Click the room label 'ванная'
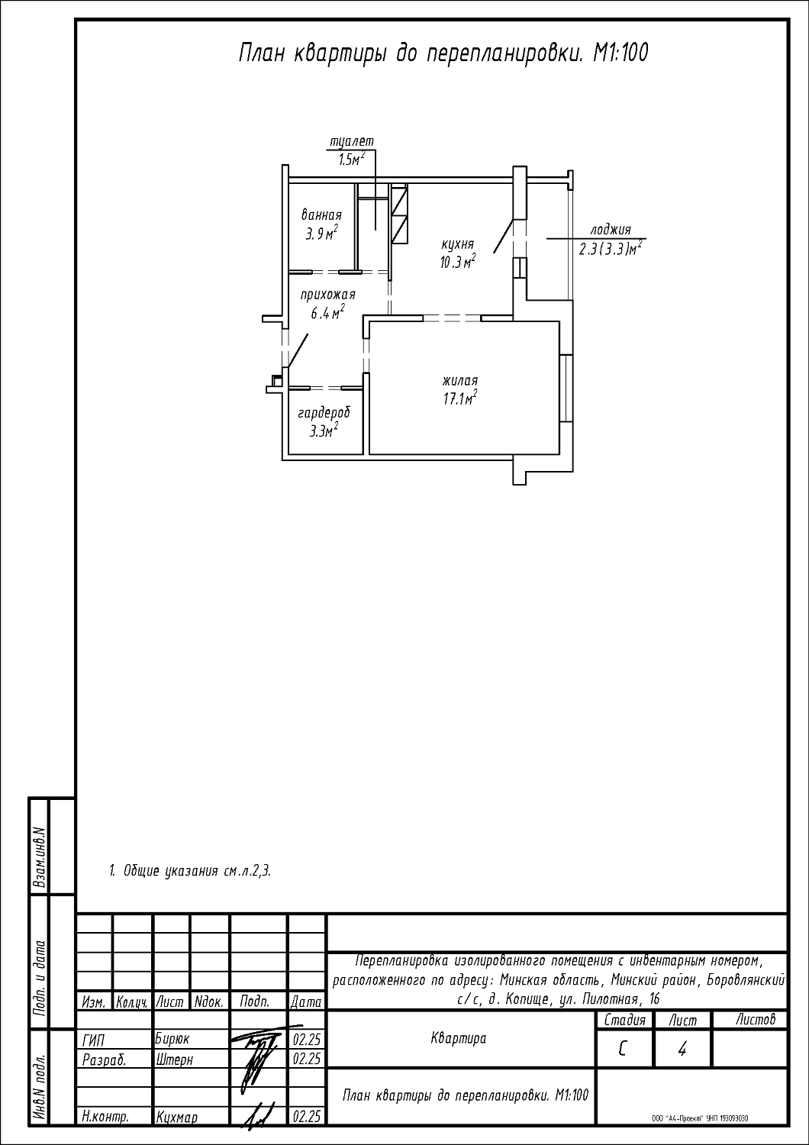(321, 214)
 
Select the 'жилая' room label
(460, 381)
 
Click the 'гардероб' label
(324, 413)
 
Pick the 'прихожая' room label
(327, 295)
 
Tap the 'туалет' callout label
(352, 141)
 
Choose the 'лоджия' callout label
(611, 230)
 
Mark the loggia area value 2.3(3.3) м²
(611, 249)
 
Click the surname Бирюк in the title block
(172, 1040)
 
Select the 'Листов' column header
(756, 1020)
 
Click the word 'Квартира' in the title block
(459, 1039)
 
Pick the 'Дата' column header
(305, 1002)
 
